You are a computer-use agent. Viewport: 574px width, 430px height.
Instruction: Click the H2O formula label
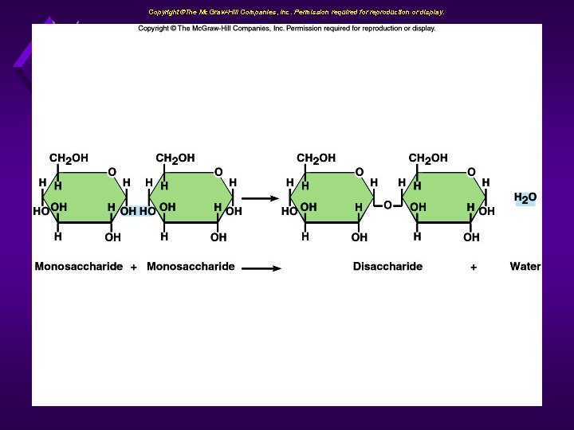[x=525, y=197]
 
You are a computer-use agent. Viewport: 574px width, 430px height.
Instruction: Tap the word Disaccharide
[x=387, y=267]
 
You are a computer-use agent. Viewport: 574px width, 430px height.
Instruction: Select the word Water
[x=525, y=267]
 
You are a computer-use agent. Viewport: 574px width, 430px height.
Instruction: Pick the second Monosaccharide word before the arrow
[x=191, y=267]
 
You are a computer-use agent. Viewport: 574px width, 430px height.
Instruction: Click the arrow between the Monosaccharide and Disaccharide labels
[x=261, y=268]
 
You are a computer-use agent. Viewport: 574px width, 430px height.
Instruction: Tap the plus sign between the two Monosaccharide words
[x=133, y=268]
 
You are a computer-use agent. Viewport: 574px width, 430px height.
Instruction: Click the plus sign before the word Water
[x=474, y=268]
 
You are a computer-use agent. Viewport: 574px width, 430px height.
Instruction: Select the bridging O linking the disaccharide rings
[x=387, y=205]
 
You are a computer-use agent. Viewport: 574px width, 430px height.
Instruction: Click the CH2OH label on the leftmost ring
[x=69, y=158]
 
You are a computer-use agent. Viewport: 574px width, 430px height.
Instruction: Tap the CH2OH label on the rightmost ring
[x=428, y=158]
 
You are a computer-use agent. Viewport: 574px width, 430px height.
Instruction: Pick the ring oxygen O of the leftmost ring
[x=112, y=172]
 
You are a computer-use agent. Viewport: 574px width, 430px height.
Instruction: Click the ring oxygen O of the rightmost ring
[x=471, y=172]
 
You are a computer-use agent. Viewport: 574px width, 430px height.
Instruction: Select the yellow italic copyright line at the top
[x=296, y=12]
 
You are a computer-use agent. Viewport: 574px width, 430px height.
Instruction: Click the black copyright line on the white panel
[x=287, y=29]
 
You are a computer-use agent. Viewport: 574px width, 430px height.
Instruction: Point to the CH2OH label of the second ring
[x=175, y=158]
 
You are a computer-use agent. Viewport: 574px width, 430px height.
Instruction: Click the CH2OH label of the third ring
[x=316, y=158]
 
